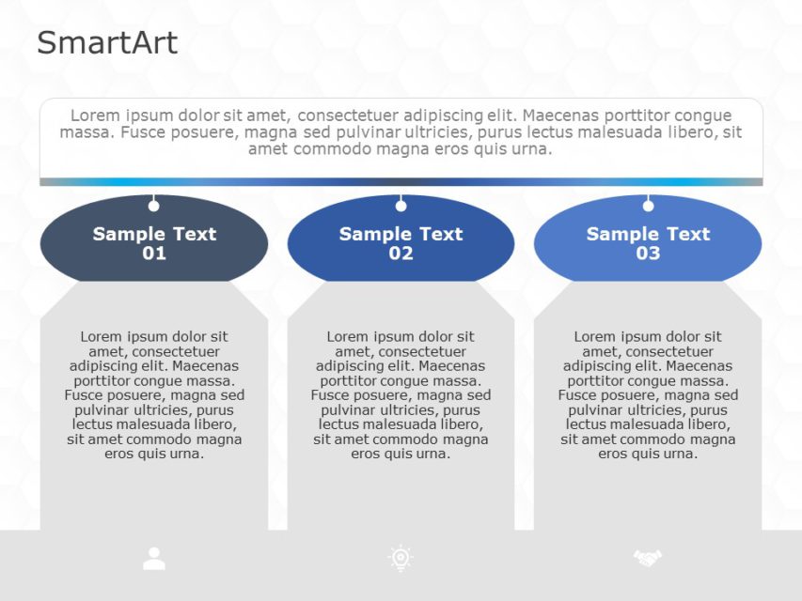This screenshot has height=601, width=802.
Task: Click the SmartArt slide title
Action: pyautogui.click(x=107, y=42)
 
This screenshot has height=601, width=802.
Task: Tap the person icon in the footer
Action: pyautogui.click(x=154, y=559)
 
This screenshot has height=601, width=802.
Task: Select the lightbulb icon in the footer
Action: pyautogui.click(x=401, y=559)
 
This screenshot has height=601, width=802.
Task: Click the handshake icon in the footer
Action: pyautogui.click(x=648, y=559)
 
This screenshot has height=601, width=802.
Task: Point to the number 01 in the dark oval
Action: pyautogui.click(x=154, y=254)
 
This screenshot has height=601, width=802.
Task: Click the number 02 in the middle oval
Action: pyautogui.click(x=401, y=254)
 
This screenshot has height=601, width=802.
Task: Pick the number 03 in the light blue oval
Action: pyautogui.click(x=648, y=254)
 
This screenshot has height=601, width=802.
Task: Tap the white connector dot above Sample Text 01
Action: pyautogui.click(x=154, y=206)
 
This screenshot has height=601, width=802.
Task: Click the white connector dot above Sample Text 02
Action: pyautogui.click(x=401, y=206)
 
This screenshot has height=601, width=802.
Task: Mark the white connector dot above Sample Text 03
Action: pyautogui.click(x=648, y=206)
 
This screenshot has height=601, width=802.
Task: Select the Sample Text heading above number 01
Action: pyautogui.click(x=154, y=234)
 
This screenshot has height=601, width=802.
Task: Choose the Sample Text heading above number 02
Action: pyautogui.click(x=401, y=234)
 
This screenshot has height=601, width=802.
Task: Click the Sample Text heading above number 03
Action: pyautogui.click(x=648, y=234)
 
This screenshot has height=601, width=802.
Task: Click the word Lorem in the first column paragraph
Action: pyautogui.click(x=101, y=336)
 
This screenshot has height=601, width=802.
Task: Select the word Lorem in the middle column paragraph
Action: pyautogui.click(x=347, y=336)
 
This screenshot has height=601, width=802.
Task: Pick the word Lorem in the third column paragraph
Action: pyautogui.click(x=594, y=336)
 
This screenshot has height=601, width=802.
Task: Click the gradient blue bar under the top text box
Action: pyautogui.click(x=401, y=182)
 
